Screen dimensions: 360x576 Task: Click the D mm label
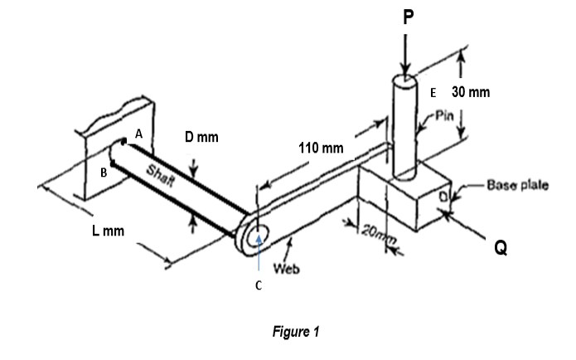(201, 136)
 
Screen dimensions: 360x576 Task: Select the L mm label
(108, 230)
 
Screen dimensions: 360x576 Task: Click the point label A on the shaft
(138, 133)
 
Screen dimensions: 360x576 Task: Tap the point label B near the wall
(104, 173)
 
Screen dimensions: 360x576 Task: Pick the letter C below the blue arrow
(259, 285)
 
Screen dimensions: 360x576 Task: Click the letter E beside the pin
(431, 92)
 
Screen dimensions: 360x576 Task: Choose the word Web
(285, 269)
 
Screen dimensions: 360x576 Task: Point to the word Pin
(445, 114)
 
